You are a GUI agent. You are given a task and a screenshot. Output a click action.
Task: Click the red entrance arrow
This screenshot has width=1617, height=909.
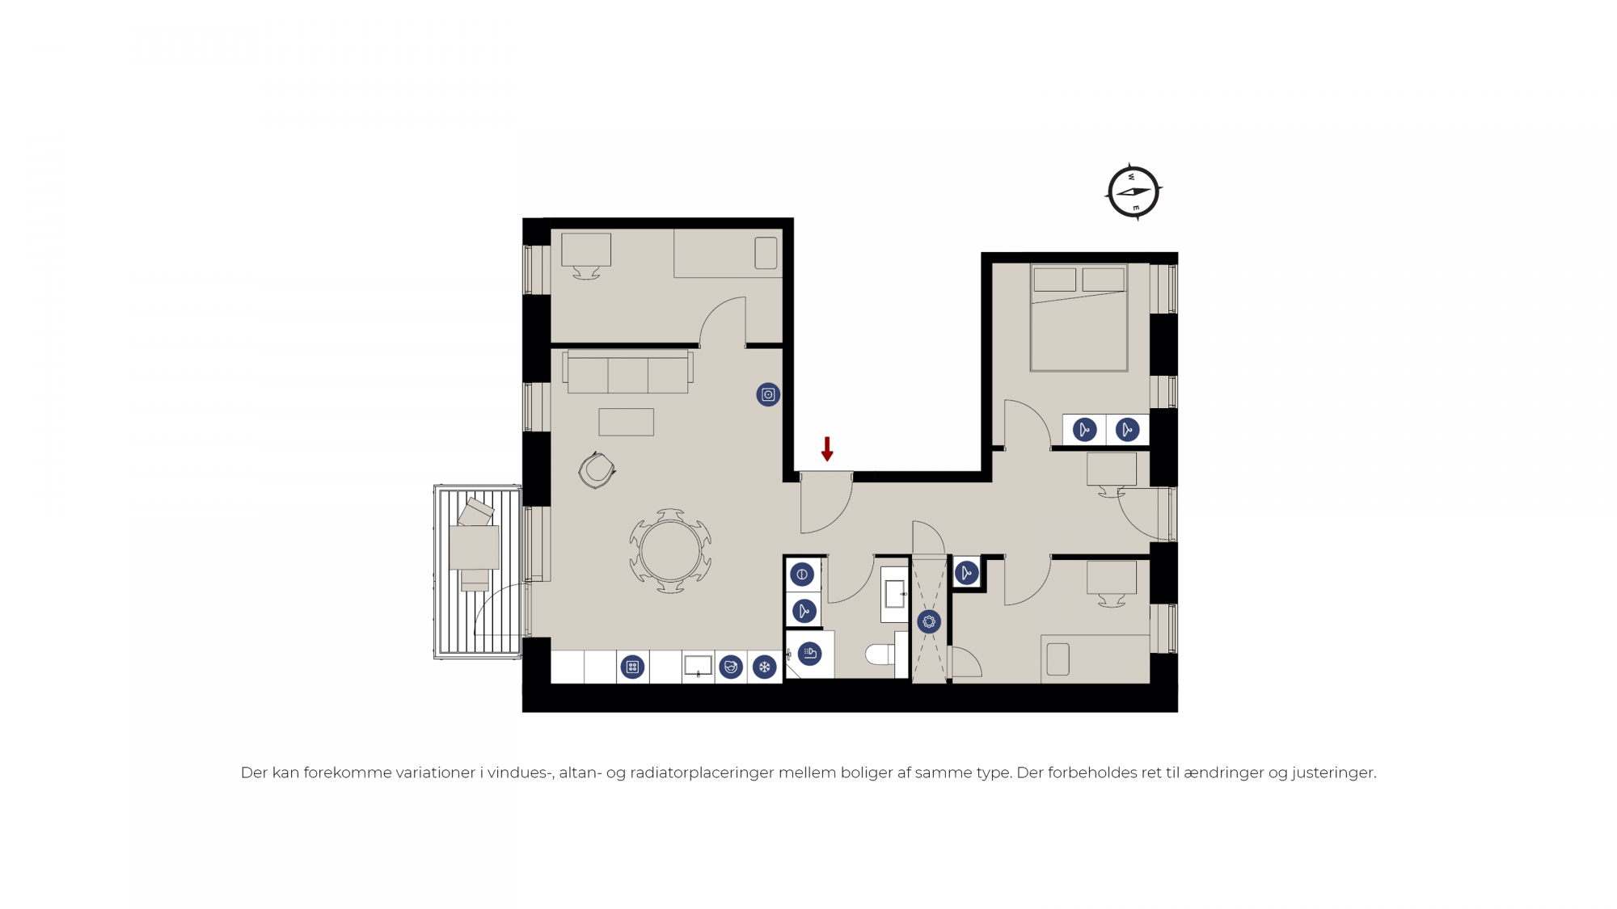827,449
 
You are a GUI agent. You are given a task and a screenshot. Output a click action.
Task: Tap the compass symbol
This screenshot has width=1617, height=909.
1134,192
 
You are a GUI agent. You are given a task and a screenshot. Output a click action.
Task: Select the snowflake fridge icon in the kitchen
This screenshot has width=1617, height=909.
764,667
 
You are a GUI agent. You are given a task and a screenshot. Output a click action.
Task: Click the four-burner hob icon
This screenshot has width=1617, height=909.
632,667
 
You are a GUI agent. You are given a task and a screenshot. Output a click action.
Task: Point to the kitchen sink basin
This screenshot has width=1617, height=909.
698,666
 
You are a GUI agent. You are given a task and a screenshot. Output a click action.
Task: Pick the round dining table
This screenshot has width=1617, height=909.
670,551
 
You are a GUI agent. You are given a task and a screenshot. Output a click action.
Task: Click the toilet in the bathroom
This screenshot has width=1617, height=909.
883,654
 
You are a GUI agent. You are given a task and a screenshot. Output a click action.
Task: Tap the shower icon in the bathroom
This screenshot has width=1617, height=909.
809,654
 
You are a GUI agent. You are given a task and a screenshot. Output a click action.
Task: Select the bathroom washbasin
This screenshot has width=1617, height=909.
894,595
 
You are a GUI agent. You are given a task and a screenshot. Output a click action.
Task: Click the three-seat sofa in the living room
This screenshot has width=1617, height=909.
627,372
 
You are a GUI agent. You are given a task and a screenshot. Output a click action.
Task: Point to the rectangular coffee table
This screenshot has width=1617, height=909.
627,422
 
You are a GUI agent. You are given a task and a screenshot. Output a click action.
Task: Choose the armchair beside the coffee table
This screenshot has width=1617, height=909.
597,470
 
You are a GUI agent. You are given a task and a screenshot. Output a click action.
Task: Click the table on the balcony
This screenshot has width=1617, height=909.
475,548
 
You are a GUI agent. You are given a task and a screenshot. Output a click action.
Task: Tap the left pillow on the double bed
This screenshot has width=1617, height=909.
1055,280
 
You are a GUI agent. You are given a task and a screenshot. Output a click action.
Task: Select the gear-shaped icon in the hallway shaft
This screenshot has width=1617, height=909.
929,622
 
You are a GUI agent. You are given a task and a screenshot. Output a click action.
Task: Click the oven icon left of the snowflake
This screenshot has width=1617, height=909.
731,667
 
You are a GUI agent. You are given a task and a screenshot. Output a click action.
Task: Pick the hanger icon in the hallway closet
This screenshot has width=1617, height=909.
966,573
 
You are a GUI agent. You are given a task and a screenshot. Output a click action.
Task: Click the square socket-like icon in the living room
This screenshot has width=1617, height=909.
768,394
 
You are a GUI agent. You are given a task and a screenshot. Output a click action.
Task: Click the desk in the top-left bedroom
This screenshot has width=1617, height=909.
586,250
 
